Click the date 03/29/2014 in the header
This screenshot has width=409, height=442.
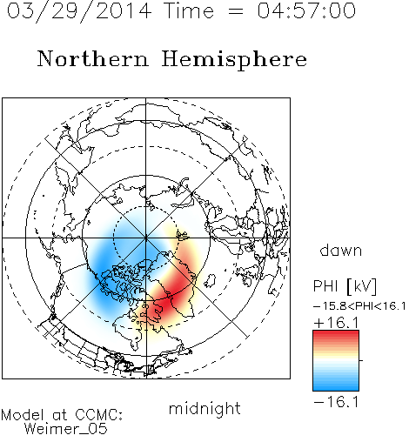tap(79, 11)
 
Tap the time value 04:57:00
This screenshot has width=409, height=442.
tap(306, 10)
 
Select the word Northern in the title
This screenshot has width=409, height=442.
tap(93, 58)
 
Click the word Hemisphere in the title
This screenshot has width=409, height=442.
tap(234, 60)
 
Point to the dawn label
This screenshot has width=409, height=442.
tap(341, 251)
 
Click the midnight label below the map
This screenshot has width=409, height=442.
tap(204, 409)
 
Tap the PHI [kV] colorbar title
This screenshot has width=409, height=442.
tap(345, 286)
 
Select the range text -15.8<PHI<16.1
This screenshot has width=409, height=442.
tap(359, 306)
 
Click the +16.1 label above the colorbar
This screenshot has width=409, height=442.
tap(336, 323)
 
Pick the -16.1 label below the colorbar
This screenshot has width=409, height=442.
tap(336, 402)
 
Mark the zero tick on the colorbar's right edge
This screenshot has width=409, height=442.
tap(361, 360)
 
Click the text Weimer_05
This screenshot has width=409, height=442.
tap(66, 428)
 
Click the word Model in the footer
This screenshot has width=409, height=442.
tap(23, 415)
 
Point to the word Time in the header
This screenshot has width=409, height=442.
tap(189, 10)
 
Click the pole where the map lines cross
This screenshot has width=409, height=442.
tap(146, 238)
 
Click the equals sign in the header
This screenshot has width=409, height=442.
tap(236, 11)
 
